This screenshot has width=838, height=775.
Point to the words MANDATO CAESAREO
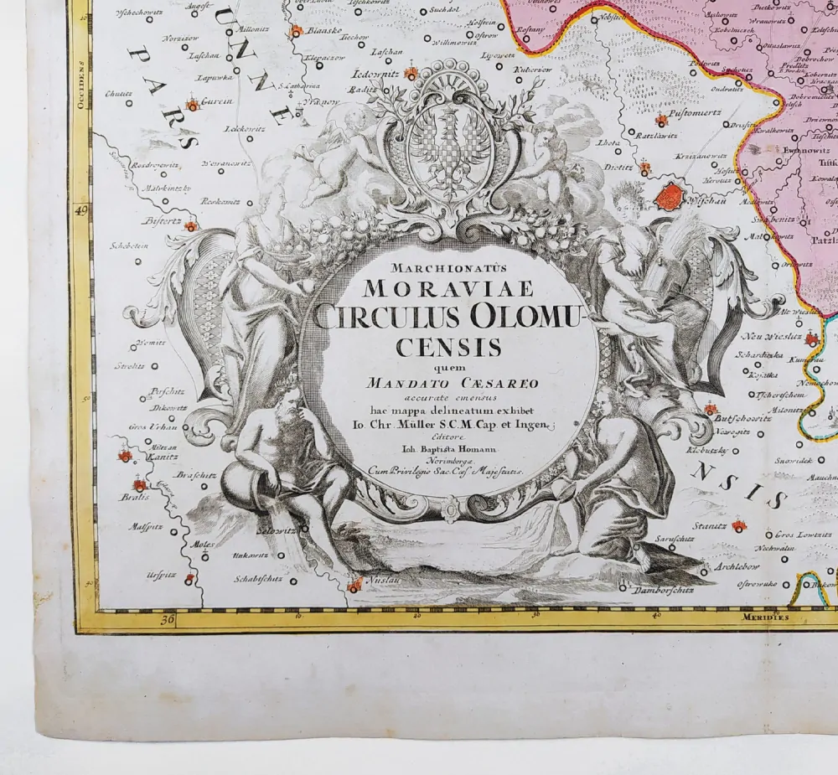(451, 383)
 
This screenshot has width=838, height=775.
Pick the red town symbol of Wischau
(669, 198)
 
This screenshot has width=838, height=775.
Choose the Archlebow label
(737, 566)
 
